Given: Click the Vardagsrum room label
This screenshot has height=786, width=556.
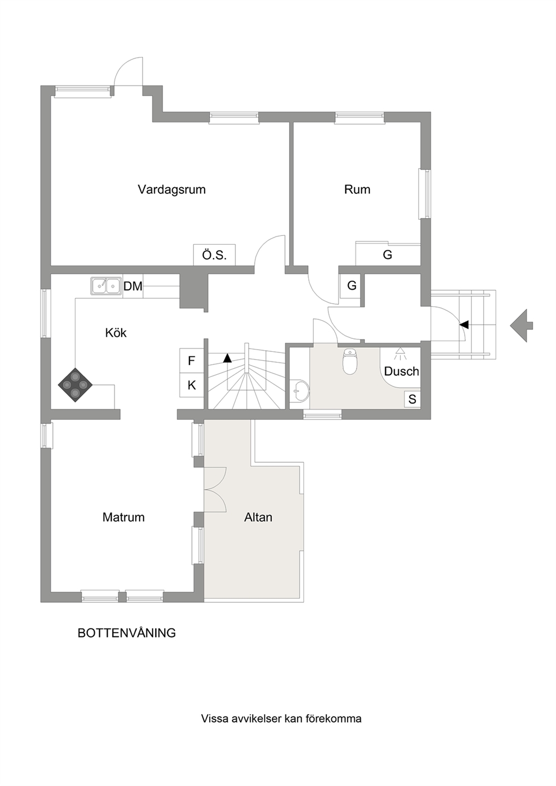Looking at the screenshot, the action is point(172,190).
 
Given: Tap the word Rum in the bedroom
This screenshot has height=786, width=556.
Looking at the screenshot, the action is point(357,189).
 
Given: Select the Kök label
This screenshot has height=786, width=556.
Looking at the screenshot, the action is point(116,333).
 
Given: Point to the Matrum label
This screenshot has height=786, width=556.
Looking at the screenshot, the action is point(123,517).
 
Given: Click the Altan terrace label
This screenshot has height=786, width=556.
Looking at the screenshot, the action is point(258,517).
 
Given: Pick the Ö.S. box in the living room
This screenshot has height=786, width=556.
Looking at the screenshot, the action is point(215,255).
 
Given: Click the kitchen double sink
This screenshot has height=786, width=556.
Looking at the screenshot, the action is point(105,286).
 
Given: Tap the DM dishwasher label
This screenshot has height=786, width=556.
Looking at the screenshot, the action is point(133,286).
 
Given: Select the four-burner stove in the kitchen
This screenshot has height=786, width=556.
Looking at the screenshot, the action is point(76,385).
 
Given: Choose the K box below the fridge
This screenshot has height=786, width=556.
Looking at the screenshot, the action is point(192,385).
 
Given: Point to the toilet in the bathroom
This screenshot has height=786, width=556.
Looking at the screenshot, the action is point(350,361).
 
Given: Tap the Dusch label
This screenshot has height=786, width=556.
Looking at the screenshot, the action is point(401,371).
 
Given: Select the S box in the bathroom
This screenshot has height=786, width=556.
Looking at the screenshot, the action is point(413,399).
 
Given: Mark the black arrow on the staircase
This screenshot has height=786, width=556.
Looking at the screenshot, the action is point(228,357).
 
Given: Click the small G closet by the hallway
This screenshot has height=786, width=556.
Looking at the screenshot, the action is point(351,286).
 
